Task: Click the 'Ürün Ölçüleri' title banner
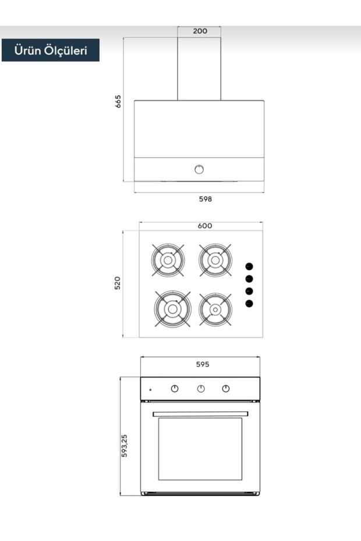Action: pos(51,50)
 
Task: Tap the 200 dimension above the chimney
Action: pos(200,31)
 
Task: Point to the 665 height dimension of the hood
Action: pos(118,101)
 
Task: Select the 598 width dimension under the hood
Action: pos(205,199)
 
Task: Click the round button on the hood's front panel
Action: pos(199,169)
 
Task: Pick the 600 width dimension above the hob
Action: pos(205,226)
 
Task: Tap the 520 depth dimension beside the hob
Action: pos(118,283)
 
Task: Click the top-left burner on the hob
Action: pos(168,260)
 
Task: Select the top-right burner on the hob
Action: pos(215,260)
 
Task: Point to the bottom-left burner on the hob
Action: pos(172,309)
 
